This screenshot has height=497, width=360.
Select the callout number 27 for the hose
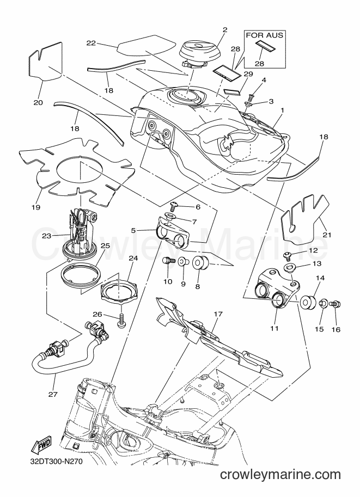tap(53, 394)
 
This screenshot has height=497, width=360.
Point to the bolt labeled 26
tap(121, 321)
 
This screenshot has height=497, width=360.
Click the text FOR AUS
tap(265, 35)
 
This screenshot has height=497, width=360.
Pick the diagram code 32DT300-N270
tap(52, 461)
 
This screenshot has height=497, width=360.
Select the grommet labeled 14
tap(307, 302)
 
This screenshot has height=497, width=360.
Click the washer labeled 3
tap(249, 104)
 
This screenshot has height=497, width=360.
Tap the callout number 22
tap(91, 43)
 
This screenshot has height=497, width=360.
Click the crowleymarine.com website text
tap(280, 475)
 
